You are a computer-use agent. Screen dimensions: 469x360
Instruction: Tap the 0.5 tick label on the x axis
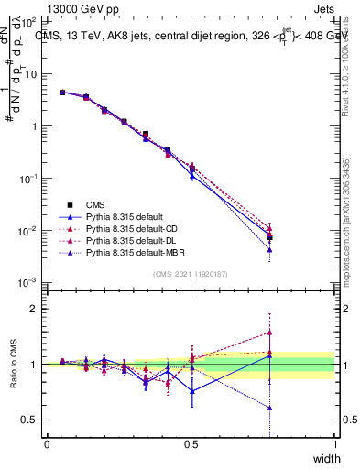pyautogui.click(x=191, y=443)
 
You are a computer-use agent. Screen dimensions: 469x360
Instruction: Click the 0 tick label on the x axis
pyautogui.click(x=47, y=443)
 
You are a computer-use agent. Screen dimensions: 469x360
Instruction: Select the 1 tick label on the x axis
pyautogui.click(x=335, y=443)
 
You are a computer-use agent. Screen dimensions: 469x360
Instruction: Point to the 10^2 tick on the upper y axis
pyautogui.click(x=27, y=21)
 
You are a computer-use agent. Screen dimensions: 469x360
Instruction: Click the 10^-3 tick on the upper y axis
pyautogui.click(x=27, y=282)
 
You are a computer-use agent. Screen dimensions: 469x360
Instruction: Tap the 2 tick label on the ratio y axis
pyautogui.click(x=35, y=309)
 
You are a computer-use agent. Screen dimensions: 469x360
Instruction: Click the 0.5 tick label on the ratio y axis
pyautogui.click(x=30, y=420)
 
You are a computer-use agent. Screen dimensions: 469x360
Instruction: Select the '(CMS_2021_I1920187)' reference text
pyautogui.click(x=191, y=273)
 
